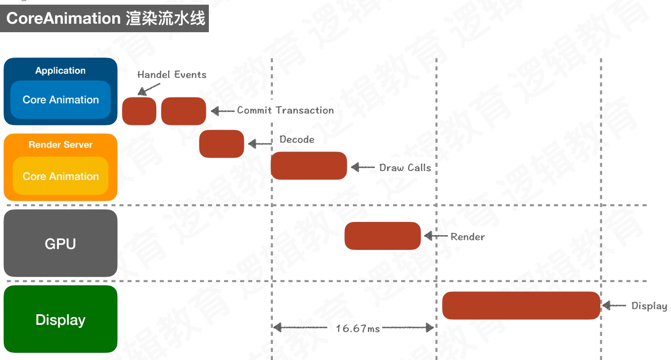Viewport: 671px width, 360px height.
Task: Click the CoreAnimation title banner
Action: click(104, 18)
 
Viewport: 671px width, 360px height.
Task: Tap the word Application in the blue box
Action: click(60, 71)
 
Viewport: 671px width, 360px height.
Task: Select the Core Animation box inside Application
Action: click(61, 100)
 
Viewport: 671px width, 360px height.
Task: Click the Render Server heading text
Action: click(61, 145)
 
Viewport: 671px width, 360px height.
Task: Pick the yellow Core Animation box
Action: click(61, 176)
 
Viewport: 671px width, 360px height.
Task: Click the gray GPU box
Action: click(61, 243)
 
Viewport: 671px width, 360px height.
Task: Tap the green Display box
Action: click(61, 319)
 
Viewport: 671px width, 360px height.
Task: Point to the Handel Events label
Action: click(172, 75)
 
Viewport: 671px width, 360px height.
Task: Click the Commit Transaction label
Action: click(285, 110)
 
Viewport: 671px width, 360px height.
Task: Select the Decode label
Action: click(297, 139)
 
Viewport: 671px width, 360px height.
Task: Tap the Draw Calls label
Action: click(405, 168)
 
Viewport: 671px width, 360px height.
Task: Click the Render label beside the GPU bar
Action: click(467, 237)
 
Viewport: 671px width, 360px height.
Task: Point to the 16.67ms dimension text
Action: click(358, 329)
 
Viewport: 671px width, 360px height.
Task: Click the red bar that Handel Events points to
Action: click(139, 111)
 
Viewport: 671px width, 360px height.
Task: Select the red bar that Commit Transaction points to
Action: click(183, 111)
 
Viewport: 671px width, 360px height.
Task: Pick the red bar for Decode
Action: click(222, 144)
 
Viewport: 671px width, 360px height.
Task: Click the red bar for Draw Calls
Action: click(309, 166)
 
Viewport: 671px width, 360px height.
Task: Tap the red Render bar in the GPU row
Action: click(383, 236)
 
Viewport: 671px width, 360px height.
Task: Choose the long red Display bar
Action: click(521, 305)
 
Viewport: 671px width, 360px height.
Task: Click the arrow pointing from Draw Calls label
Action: click(363, 167)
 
